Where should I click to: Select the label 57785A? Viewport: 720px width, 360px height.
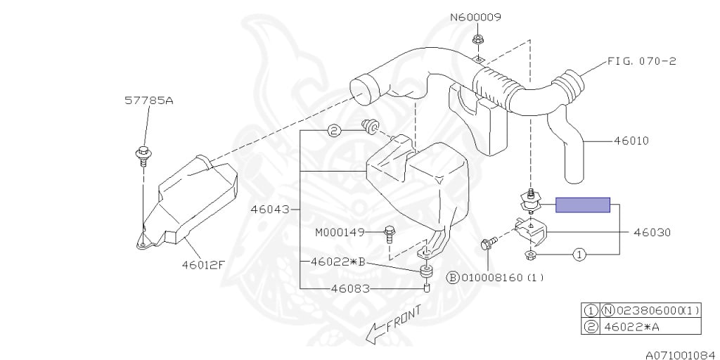149,101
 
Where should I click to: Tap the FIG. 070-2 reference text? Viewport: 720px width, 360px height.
641,61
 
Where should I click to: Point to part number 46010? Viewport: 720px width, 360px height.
631,141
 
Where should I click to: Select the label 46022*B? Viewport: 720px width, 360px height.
338,261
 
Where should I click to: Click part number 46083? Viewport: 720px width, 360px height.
352,288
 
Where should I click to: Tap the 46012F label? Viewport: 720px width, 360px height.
202,264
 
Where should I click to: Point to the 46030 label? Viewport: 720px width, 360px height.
652,231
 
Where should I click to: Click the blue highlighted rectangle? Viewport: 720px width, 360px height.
583,205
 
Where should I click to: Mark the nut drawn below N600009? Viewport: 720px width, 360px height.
477,39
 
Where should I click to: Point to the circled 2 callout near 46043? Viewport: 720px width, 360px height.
334,130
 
